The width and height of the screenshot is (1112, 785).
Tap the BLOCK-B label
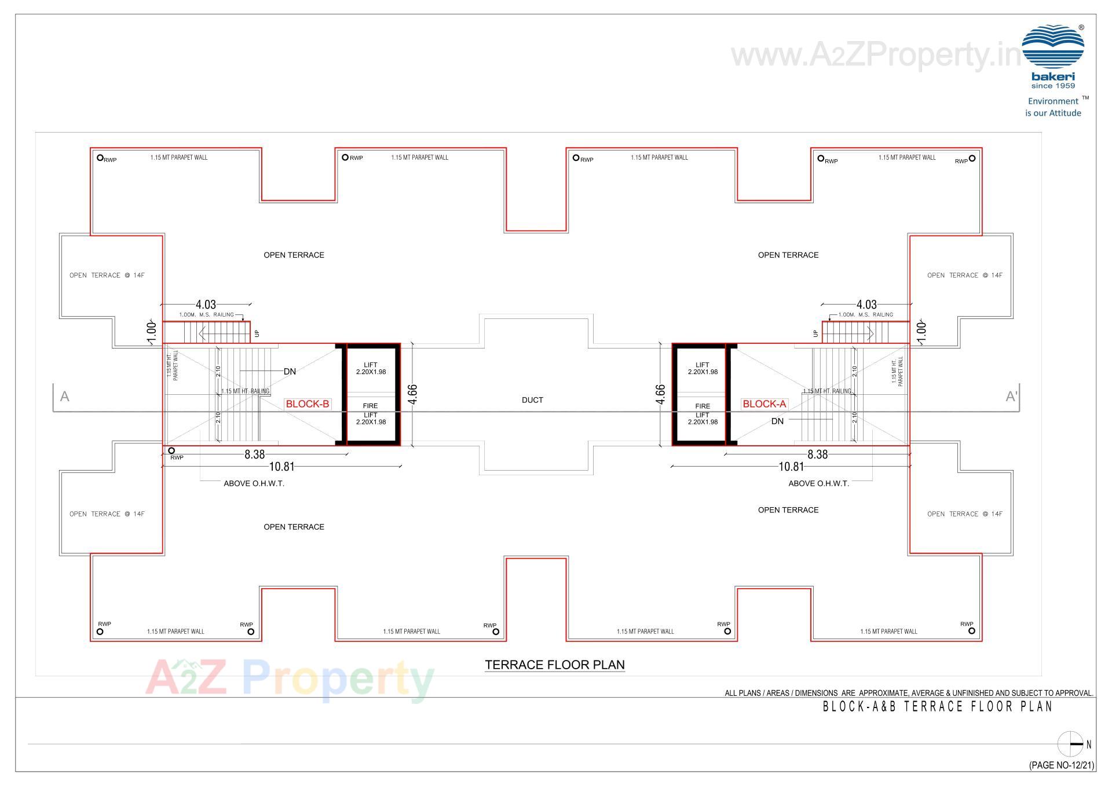308,404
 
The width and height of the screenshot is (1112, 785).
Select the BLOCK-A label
764,404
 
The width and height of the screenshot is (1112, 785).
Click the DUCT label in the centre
532,400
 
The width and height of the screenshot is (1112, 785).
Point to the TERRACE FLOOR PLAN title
554,665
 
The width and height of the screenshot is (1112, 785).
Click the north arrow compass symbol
1070,744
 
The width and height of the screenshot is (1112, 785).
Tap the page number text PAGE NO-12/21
1062,765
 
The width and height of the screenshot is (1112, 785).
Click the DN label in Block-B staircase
290,372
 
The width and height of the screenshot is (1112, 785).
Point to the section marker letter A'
1011,397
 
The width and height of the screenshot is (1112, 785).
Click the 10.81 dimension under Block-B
282,467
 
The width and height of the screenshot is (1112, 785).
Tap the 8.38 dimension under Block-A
817,454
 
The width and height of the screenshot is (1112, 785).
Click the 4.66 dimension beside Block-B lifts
412,394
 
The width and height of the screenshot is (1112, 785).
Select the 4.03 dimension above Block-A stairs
866,305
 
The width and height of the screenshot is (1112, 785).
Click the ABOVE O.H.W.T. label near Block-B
254,483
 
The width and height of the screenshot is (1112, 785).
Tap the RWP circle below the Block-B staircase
171,450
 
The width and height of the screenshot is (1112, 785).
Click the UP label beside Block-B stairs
257,333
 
